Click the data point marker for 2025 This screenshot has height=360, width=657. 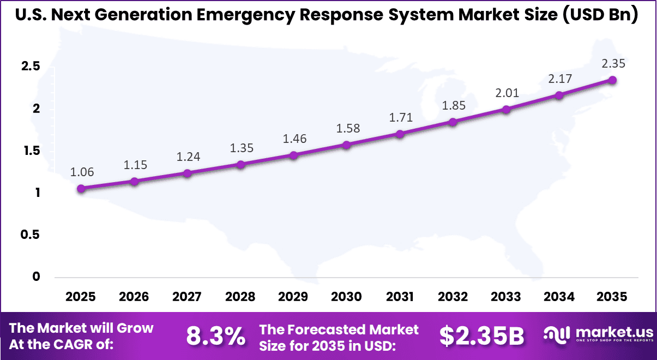pyautogui.click(x=81, y=188)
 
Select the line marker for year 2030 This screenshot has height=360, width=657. pyautogui.click(x=347, y=145)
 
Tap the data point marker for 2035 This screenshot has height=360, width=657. pyautogui.click(x=612, y=80)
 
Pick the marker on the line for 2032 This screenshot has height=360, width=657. pyautogui.click(x=453, y=122)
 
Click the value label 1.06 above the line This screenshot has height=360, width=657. pyautogui.click(x=82, y=172)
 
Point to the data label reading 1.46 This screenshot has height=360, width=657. pyautogui.click(x=294, y=139)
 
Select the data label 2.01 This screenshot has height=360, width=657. pyautogui.click(x=507, y=93)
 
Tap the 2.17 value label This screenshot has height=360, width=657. pyautogui.click(x=560, y=79)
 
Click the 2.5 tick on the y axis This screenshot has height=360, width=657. pyautogui.click(x=31, y=67)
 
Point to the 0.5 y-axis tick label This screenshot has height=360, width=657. pyautogui.click(x=31, y=235)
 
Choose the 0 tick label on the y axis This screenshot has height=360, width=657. pyautogui.click(x=36, y=277)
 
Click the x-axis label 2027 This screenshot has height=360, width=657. pyautogui.click(x=187, y=297)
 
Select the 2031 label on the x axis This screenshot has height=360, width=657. pyautogui.click(x=400, y=297)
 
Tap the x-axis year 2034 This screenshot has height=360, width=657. pyautogui.click(x=559, y=297)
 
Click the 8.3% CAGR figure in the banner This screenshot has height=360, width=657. pyautogui.click(x=215, y=337)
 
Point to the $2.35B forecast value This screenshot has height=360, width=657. pyautogui.click(x=481, y=337)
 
